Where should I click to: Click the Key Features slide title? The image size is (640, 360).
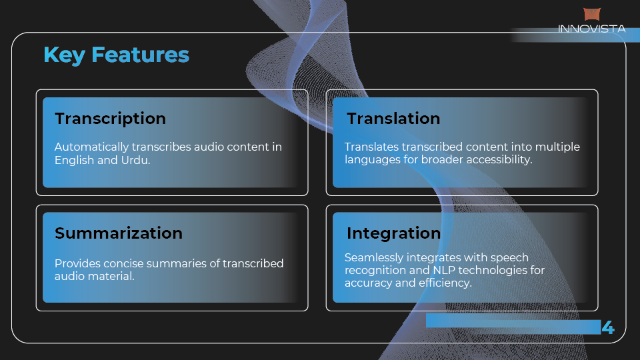pyautogui.click(x=116, y=55)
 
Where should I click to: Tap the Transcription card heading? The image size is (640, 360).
pyautogui.click(x=110, y=119)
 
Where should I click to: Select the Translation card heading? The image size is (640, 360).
pyautogui.click(x=393, y=119)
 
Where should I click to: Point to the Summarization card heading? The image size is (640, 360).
pyautogui.click(x=119, y=233)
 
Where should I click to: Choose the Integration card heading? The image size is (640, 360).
pyautogui.click(x=393, y=233)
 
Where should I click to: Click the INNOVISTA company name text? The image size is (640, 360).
pyautogui.click(x=591, y=29)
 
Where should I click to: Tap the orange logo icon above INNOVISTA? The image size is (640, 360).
pyautogui.click(x=592, y=14)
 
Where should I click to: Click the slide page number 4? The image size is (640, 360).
pyautogui.click(x=608, y=327)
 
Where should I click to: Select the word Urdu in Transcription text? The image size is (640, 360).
pyautogui.click(x=135, y=160)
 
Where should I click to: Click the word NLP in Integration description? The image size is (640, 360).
pyautogui.click(x=443, y=270)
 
